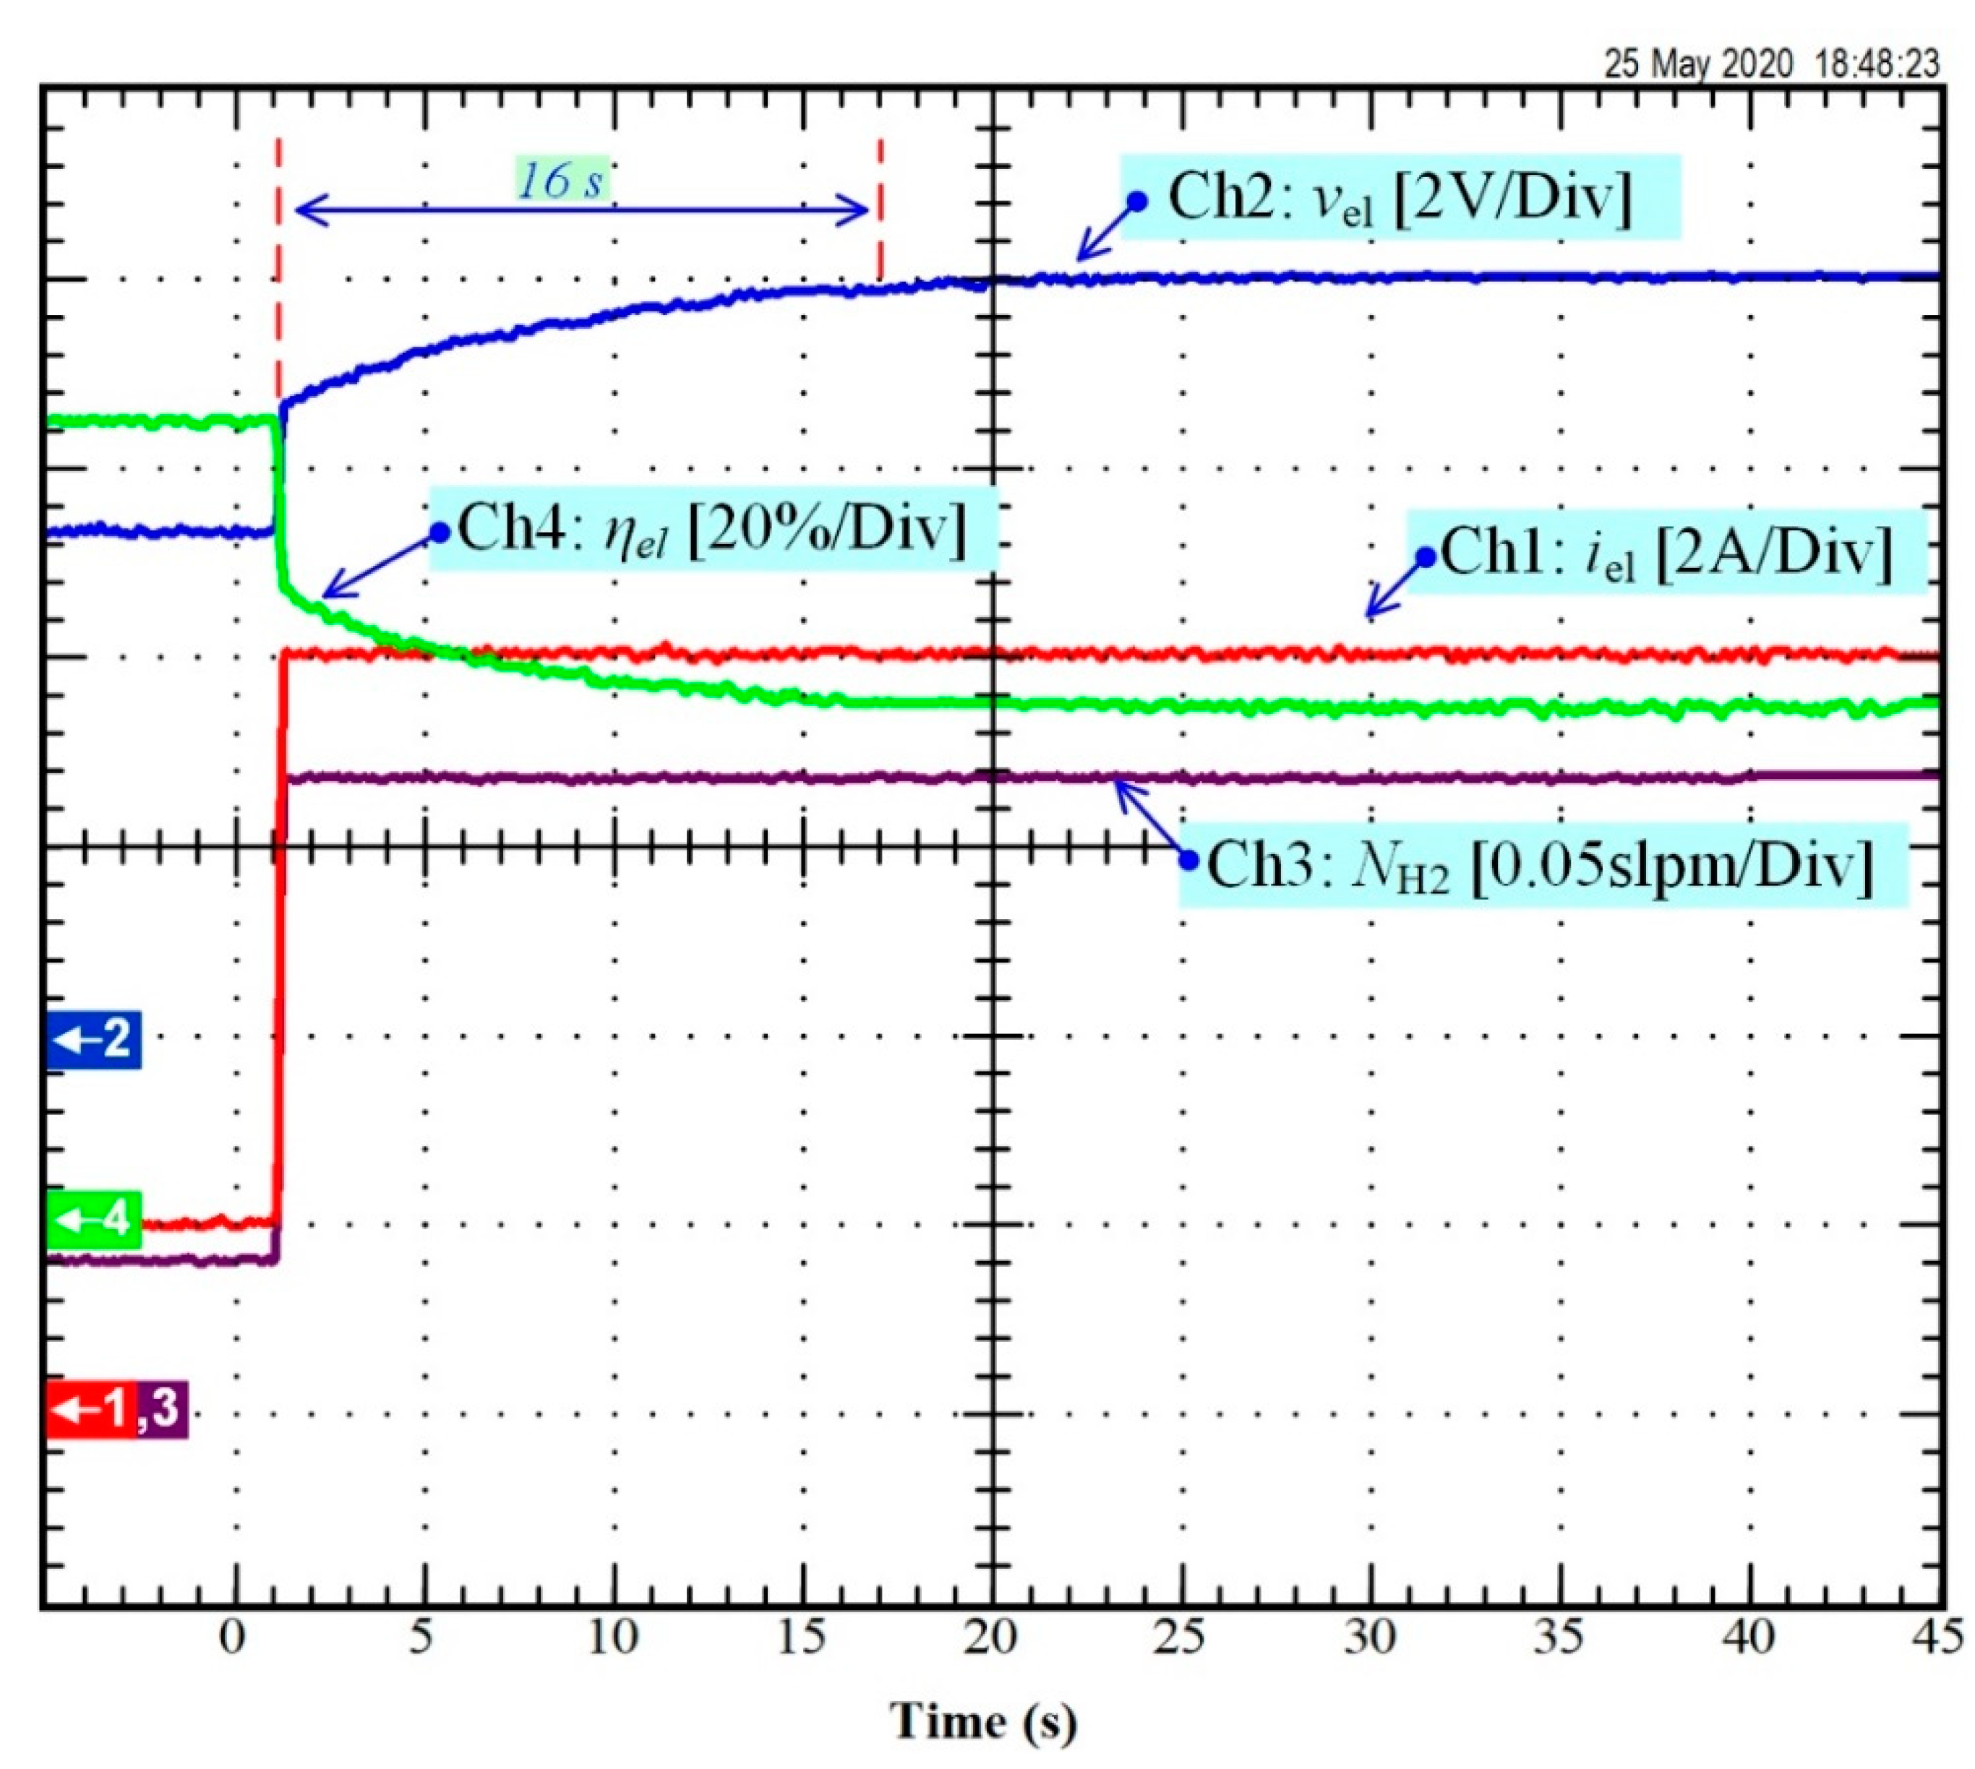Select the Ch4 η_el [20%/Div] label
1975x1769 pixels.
[x=712, y=530]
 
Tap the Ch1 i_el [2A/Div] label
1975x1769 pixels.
[x=1666, y=554]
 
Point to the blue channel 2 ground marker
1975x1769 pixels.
[x=94, y=1039]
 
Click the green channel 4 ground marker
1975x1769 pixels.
[x=94, y=1220]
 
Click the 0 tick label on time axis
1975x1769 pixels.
[x=232, y=1637]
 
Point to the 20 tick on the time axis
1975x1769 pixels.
[x=992, y=1637]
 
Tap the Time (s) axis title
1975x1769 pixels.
[x=983, y=1721]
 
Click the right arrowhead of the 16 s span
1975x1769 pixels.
[x=860, y=210]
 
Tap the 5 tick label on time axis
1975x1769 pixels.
[x=421, y=1637]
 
